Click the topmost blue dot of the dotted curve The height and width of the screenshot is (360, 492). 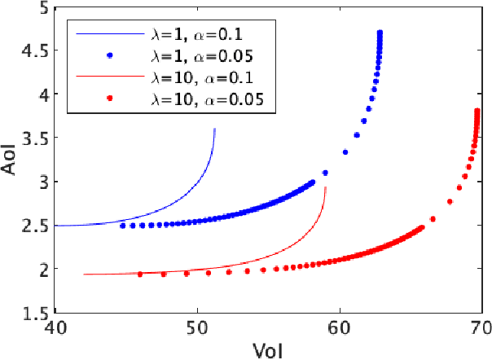[x=380, y=33]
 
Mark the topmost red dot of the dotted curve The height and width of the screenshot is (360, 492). [x=477, y=111]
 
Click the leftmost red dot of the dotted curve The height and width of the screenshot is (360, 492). [x=140, y=274]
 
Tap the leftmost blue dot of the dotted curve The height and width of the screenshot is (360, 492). [x=123, y=225]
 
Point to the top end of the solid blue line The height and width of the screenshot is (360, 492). [x=214, y=129]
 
